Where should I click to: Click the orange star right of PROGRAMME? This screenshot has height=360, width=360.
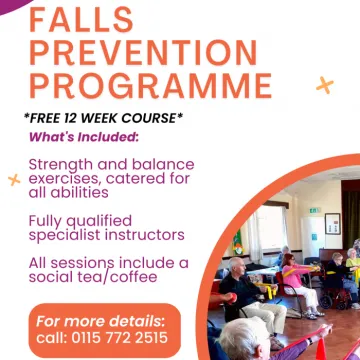pyautogui.click(x=324, y=85)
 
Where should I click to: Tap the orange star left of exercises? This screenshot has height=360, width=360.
pyautogui.click(x=14, y=179)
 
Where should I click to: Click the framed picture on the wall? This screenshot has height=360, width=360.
pyautogui.click(x=332, y=223)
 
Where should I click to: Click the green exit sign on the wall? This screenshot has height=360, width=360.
pyautogui.click(x=315, y=210)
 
